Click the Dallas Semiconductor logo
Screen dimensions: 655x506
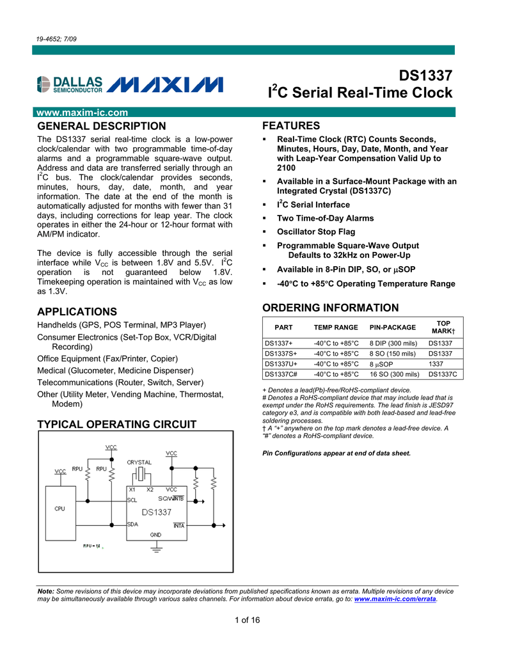tap(70, 84)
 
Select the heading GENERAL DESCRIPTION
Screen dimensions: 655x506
tap(102, 126)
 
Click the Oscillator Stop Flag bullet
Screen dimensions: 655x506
tap(315, 232)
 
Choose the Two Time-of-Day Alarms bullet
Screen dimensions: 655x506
tap(325, 218)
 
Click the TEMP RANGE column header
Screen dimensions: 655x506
tap(336, 327)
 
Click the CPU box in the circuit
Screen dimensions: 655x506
tap(59, 509)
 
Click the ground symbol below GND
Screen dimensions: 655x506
tap(155, 548)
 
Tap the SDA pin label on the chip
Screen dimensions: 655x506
tap(133, 524)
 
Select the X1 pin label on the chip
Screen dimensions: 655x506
tap(132, 490)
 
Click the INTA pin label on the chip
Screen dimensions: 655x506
tap(178, 525)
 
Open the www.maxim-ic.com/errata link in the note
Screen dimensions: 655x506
tap(395, 600)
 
